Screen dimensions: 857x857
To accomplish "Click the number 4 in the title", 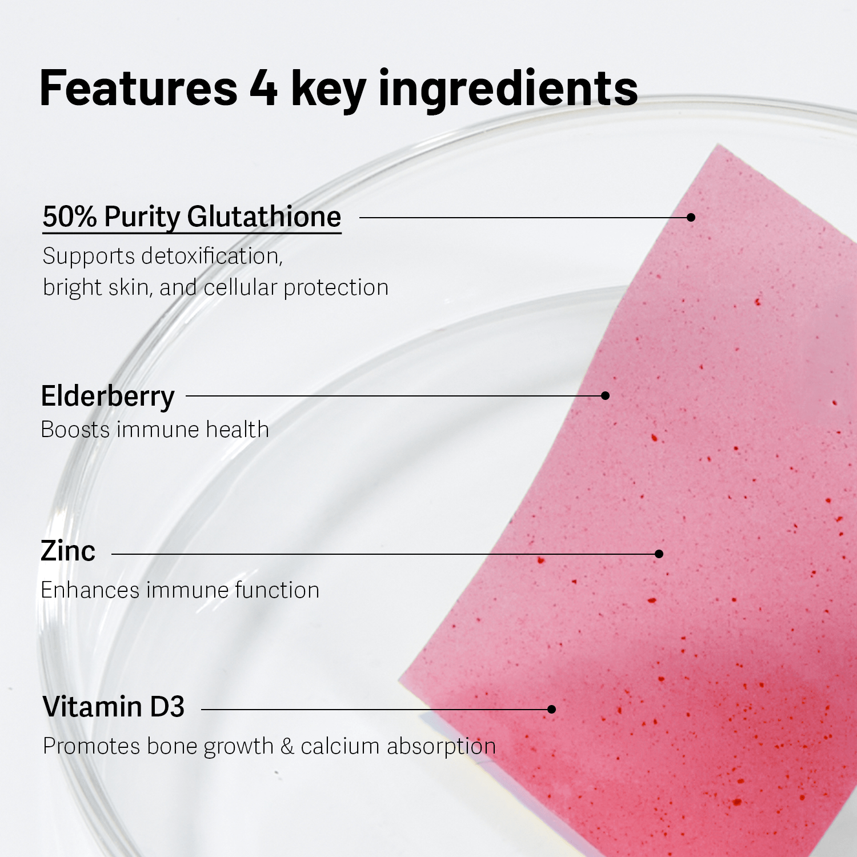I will click(x=263, y=89).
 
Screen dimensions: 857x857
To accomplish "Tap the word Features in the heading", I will click(x=138, y=89).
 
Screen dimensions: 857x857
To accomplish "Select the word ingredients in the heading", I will click(x=508, y=90).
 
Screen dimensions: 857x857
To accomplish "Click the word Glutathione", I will click(x=264, y=217).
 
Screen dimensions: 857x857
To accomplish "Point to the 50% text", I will click(x=70, y=217).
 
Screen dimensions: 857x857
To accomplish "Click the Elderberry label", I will click(x=107, y=397).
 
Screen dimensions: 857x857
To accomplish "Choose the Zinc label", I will click(x=68, y=551).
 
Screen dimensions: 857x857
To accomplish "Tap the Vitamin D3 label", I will click(x=114, y=707).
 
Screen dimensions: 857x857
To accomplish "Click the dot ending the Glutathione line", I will click(x=691, y=217).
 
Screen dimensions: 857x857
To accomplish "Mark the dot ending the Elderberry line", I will click(x=606, y=395).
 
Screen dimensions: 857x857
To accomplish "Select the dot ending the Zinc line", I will click(x=659, y=554).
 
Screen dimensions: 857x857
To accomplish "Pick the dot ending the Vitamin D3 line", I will click(x=551, y=709).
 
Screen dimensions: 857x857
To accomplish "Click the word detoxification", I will click(x=212, y=256).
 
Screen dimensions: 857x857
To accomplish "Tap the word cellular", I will click(x=240, y=287).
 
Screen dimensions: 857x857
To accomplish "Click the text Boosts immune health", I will click(x=155, y=430).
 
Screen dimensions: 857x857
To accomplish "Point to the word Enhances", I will click(x=90, y=590).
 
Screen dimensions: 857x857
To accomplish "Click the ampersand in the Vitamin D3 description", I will click(x=287, y=746).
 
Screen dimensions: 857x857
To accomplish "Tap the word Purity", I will click(x=142, y=218).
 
